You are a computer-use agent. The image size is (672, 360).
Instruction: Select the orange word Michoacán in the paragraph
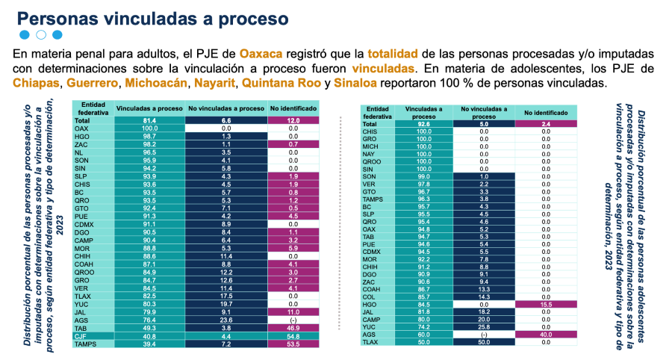coord(156,83)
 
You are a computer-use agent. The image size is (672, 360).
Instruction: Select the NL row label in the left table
coord(80,152)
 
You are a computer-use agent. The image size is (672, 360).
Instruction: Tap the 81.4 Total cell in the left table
coord(149,121)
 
